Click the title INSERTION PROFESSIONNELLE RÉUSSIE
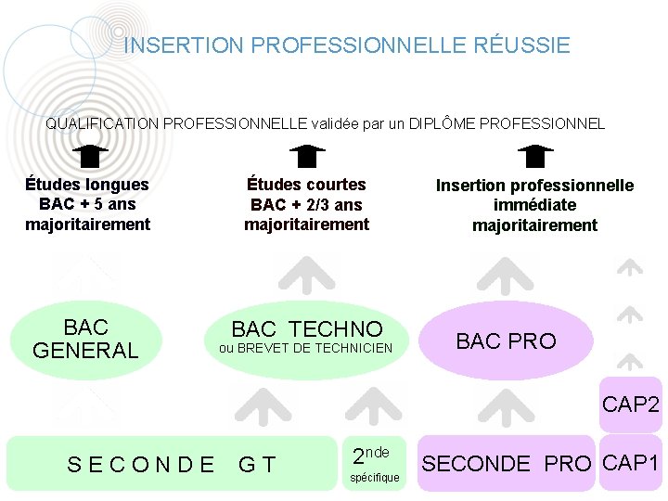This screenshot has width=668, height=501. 347,45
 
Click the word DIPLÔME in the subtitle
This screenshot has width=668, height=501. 443,123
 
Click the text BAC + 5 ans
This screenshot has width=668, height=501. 87,204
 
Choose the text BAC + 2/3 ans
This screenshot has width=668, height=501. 306,204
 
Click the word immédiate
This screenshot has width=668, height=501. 534,205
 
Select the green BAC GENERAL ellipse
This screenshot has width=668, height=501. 85,339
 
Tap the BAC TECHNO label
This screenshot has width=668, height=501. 306,329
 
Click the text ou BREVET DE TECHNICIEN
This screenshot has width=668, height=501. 306,349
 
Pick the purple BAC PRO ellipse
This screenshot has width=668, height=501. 507,340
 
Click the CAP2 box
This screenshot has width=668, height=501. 631,405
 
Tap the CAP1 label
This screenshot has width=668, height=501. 631,462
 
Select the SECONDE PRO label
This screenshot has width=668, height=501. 507,463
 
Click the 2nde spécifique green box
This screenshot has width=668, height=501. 376,463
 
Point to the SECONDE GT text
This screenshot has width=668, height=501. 172,463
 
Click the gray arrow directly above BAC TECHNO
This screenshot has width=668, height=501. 306,274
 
